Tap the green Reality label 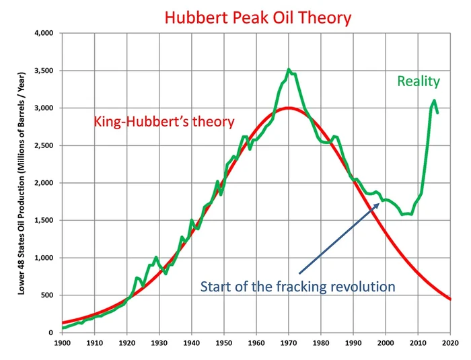click(419, 81)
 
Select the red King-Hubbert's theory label click(164, 122)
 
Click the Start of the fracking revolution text click(297, 287)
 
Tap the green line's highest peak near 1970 click(289, 69)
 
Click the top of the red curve click(289, 108)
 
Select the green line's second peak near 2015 click(435, 101)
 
